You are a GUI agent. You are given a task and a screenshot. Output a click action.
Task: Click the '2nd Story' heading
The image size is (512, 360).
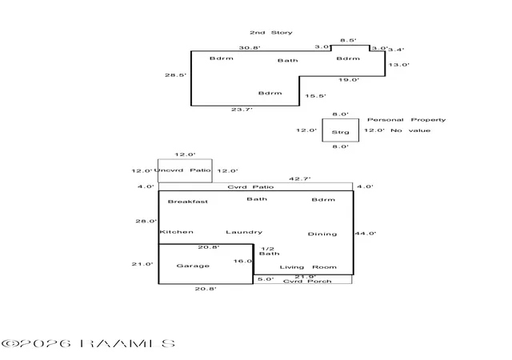271,33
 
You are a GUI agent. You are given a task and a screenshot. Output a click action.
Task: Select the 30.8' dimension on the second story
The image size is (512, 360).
250,48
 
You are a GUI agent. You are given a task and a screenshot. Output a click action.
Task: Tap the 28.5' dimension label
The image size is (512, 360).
175,75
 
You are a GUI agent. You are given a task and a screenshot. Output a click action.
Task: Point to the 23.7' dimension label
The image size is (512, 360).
242,110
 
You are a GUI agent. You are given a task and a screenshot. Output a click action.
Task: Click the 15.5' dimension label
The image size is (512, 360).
315,96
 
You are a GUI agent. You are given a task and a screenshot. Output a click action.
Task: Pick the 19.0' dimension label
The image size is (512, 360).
349,80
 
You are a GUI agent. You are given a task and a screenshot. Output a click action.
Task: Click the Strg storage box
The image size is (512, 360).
341,130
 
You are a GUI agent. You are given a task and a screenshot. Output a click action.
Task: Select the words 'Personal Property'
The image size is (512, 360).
406,120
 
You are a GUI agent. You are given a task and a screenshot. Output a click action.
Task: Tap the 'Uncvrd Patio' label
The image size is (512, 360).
182,170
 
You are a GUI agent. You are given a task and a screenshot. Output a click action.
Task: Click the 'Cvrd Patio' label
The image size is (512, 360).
250,187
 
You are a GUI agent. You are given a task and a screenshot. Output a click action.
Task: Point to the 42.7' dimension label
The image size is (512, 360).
300,178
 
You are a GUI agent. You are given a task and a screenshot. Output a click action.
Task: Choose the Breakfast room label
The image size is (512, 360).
188,202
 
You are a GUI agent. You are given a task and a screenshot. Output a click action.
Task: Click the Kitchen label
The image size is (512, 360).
176,232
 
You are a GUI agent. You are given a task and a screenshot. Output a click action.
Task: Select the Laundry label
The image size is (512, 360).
244,232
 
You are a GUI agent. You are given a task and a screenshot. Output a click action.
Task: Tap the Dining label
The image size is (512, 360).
322,234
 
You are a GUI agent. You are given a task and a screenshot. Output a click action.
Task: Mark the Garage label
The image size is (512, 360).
193,266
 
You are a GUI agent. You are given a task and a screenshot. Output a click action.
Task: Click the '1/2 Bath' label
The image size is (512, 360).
270,251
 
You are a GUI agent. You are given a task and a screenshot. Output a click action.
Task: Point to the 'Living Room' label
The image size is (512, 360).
308,267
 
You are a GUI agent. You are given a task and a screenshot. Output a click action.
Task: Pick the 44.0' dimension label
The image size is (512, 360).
366,234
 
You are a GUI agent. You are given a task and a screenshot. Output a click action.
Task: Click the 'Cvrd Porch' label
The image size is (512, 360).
307,282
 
